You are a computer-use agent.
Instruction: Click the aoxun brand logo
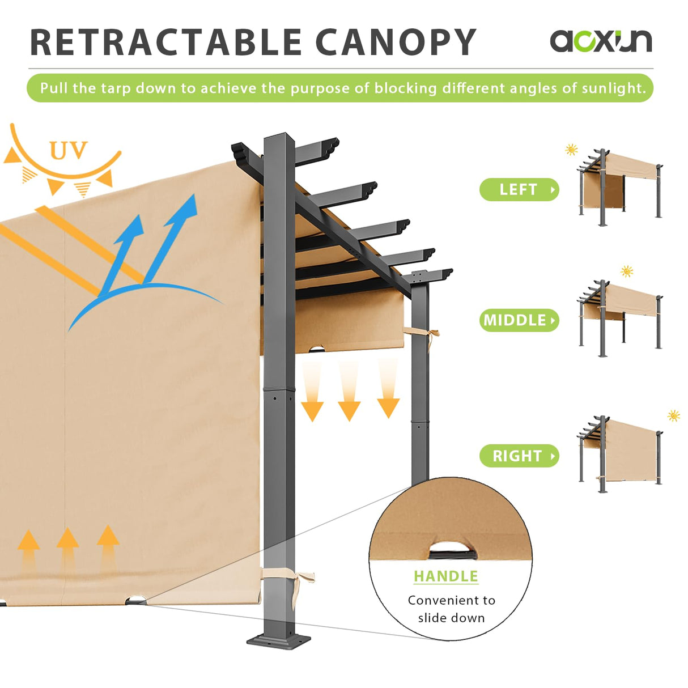[x=601, y=41]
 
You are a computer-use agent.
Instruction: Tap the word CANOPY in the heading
[x=395, y=43]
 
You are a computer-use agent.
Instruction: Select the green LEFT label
[x=519, y=189]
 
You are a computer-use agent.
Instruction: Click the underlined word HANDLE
[x=445, y=576]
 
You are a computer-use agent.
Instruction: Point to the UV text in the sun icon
[x=68, y=151]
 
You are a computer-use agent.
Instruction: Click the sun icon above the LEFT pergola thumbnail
[x=571, y=150]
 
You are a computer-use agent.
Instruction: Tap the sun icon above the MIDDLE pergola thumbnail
[x=627, y=271]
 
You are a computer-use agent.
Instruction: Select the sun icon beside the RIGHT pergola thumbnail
[x=674, y=416]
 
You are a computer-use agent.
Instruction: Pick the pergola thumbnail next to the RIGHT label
[x=621, y=453]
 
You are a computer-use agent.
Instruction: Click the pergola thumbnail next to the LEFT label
[x=621, y=187]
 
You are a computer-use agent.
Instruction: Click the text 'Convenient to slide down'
[x=451, y=609]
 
